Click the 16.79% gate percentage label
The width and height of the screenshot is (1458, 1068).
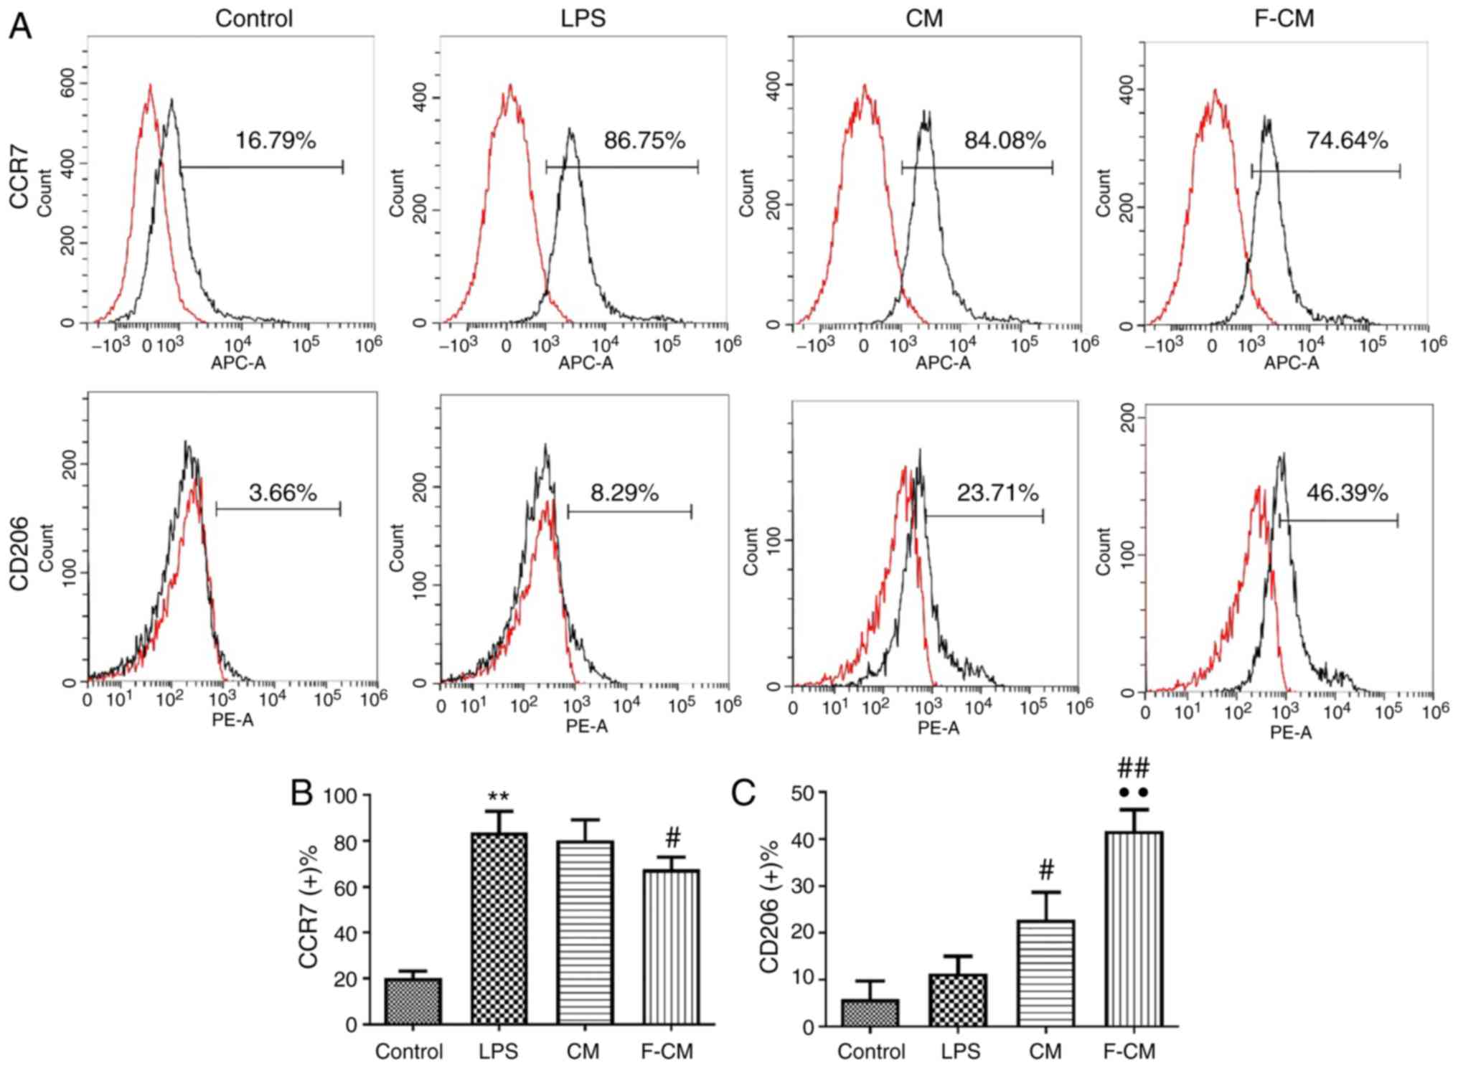276,141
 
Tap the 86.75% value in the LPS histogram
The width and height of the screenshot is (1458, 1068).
644,141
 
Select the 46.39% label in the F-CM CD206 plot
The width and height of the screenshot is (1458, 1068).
1347,493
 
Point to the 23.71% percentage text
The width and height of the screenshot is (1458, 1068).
997,493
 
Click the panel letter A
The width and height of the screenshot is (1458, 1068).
20,27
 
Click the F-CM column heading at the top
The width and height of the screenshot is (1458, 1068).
1284,18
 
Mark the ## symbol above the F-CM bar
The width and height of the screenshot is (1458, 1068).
1134,770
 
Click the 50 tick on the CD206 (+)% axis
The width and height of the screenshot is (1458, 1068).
803,793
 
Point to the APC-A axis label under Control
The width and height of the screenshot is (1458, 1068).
237,363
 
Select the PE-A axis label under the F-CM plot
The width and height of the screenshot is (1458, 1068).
1291,732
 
